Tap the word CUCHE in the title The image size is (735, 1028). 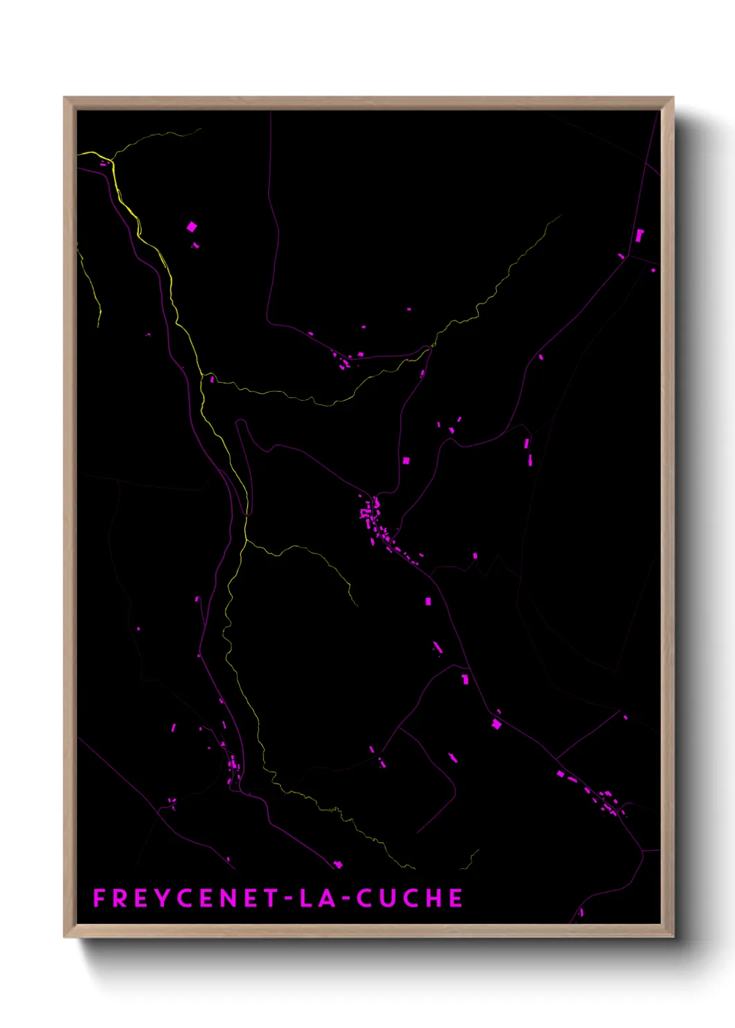click(410, 898)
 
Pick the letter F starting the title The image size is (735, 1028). click(99, 898)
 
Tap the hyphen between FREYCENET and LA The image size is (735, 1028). click(288, 899)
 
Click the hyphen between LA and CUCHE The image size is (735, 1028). click(346, 899)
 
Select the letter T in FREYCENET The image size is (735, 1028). click(270, 898)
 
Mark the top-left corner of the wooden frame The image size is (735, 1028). click(65, 98)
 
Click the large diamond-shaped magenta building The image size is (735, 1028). click(192, 226)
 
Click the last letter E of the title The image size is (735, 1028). click(456, 898)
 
